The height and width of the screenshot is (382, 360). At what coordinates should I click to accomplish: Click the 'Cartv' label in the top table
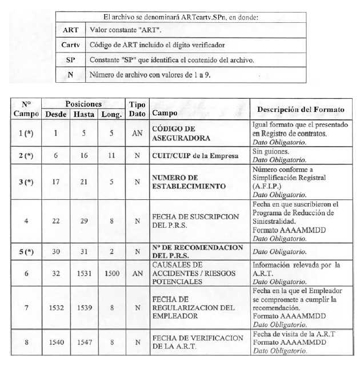71,45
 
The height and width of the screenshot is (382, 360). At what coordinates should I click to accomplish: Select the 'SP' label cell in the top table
71,59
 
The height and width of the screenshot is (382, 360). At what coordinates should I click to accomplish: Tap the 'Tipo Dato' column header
137,109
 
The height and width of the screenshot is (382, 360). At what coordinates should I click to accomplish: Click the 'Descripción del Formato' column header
301,109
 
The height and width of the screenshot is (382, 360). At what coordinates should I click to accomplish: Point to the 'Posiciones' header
83,104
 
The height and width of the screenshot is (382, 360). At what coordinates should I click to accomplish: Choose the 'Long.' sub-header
111,114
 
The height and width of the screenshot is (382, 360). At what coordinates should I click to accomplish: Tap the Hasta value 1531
83,274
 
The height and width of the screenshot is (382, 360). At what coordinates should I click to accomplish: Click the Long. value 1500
111,274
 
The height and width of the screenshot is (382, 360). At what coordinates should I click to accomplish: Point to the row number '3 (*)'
25,182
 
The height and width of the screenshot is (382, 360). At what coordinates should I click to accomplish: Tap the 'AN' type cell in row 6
137,274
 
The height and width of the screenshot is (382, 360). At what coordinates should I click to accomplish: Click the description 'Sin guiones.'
269,151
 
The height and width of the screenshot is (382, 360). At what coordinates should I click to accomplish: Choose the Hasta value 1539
83,308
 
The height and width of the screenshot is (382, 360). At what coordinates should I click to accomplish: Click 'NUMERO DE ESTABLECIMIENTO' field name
182,182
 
